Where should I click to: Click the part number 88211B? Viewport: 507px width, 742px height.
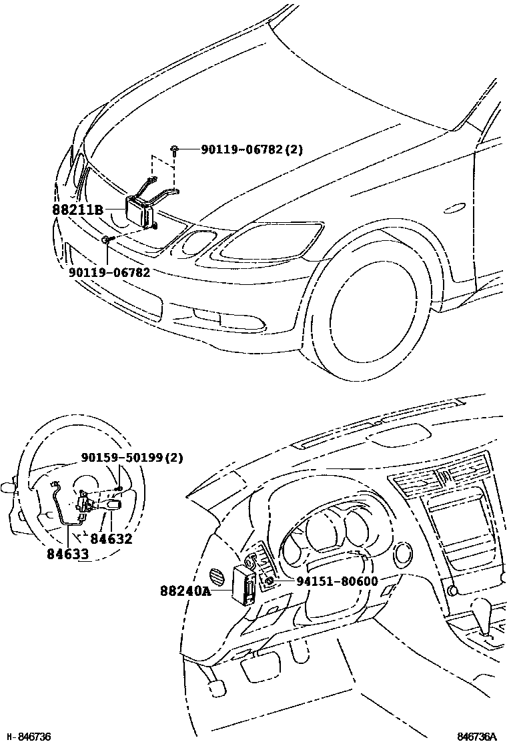(x=77, y=210)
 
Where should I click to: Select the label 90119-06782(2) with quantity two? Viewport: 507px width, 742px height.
(x=251, y=149)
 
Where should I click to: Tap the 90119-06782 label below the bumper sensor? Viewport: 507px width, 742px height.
(x=109, y=272)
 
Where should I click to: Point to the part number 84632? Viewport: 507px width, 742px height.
(x=111, y=538)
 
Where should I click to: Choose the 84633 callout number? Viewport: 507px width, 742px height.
(x=68, y=554)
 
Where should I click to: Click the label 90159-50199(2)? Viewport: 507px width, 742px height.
(x=132, y=458)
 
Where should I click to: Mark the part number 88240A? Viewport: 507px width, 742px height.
(x=185, y=591)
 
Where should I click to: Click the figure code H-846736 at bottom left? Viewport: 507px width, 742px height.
(x=27, y=736)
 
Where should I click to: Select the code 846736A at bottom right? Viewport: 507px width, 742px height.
(x=477, y=736)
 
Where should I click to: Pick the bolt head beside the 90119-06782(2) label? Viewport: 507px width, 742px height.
(x=174, y=149)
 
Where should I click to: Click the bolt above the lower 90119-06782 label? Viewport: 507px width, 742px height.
(x=107, y=239)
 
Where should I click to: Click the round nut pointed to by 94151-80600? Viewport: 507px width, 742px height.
(x=268, y=581)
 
